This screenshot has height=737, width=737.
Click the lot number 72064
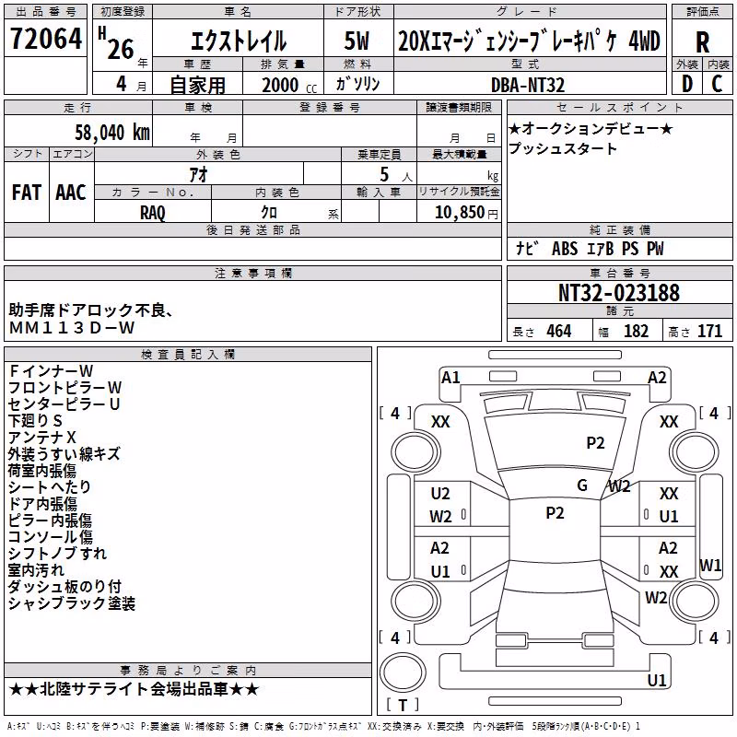pyautogui.click(x=46, y=39)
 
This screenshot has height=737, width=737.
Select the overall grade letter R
pyautogui.click(x=702, y=42)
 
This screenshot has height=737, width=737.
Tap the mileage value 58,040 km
pyautogui.click(x=112, y=133)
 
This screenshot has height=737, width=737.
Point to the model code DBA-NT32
pyautogui.click(x=528, y=85)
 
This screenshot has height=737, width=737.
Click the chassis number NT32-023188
pyautogui.click(x=619, y=293)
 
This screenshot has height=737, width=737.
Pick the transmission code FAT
pyautogui.click(x=27, y=193)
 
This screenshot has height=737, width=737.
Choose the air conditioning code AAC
pyautogui.click(x=71, y=193)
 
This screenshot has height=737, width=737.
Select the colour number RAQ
pyautogui.click(x=153, y=213)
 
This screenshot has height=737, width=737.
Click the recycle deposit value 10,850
pyautogui.click(x=460, y=213)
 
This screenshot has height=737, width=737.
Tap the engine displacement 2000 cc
pyautogui.click(x=289, y=85)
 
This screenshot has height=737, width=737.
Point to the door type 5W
pyautogui.click(x=357, y=41)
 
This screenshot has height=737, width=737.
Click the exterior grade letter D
pyautogui.click(x=687, y=84)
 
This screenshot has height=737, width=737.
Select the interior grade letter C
pyautogui.click(x=717, y=84)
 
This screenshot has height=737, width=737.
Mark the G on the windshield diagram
pyautogui.click(x=582, y=485)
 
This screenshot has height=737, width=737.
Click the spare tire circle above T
pyautogui.click(x=403, y=672)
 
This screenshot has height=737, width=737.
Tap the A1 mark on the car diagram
pyautogui.click(x=450, y=378)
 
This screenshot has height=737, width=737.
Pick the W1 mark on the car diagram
pyautogui.click(x=709, y=565)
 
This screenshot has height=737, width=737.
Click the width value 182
pyautogui.click(x=636, y=332)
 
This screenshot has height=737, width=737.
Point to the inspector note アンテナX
pyautogui.click(x=42, y=438)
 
